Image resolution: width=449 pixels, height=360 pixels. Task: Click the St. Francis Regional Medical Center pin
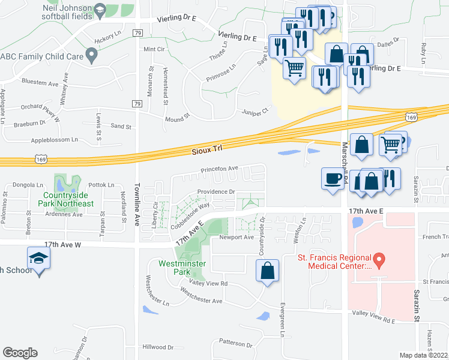[x=379, y=260]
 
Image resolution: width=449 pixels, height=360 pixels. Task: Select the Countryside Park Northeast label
[x=68, y=199]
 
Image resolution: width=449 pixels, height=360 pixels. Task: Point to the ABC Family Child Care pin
[x=91, y=56]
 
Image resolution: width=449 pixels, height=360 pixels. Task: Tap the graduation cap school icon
[x=39, y=259]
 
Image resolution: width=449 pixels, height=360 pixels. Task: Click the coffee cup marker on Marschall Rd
[x=333, y=178]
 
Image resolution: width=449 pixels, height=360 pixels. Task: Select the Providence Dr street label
[x=216, y=192]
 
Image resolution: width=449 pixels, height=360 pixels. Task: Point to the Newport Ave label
[x=237, y=237]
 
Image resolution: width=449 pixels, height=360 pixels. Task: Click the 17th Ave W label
[x=62, y=244]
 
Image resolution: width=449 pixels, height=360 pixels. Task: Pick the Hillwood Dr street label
[x=158, y=347]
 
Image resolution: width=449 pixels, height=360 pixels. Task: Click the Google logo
[x=20, y=353]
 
